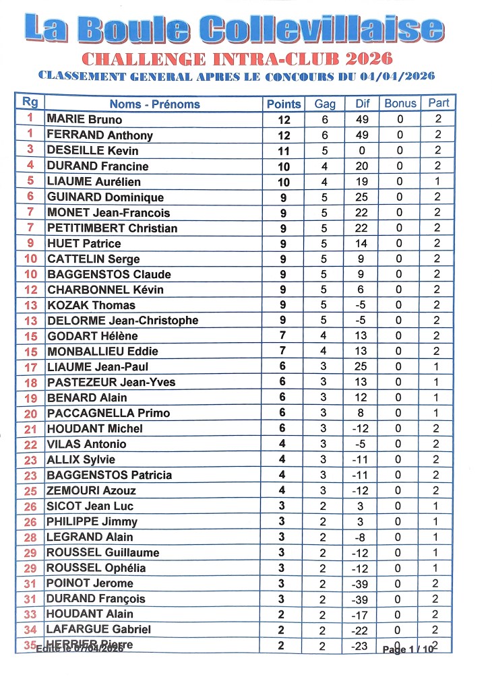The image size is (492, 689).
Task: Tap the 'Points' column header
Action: [x=284, y=104]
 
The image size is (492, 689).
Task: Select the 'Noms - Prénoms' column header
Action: [x=154, y=104]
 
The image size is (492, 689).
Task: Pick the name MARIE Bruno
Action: [x=84, y=119]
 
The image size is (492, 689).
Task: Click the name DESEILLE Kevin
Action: [x=92, y=150]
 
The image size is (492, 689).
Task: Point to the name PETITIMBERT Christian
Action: [x=112, y=228]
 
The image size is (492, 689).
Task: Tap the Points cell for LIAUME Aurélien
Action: [x=284, y=181]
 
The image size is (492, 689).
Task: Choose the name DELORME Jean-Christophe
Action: [x=122, y=321]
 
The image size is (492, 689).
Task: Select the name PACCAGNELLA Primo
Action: [x=108, y=413]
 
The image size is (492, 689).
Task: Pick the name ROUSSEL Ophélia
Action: [x=96, y=568]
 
